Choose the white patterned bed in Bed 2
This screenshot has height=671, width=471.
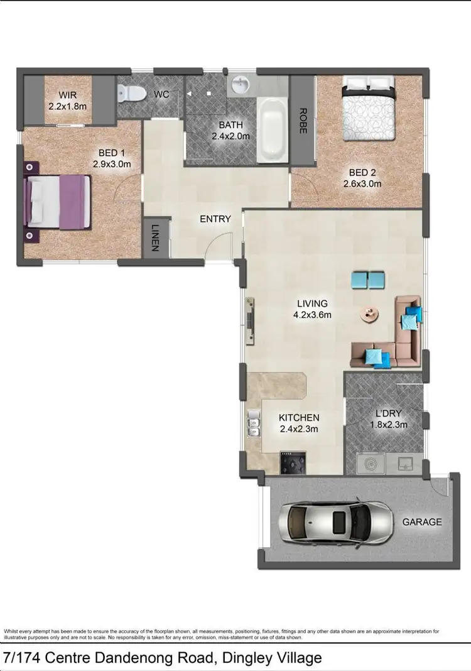pos(369,111)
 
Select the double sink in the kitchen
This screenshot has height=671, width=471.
pos(254,423)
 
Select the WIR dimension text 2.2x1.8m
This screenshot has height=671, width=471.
pos(67,106)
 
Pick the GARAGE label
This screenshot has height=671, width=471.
pos(421,521)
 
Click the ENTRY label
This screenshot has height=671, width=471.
pos(215,219)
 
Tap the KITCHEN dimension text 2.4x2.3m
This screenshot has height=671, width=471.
pos(299,429)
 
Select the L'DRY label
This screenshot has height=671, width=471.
pos(388,413)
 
